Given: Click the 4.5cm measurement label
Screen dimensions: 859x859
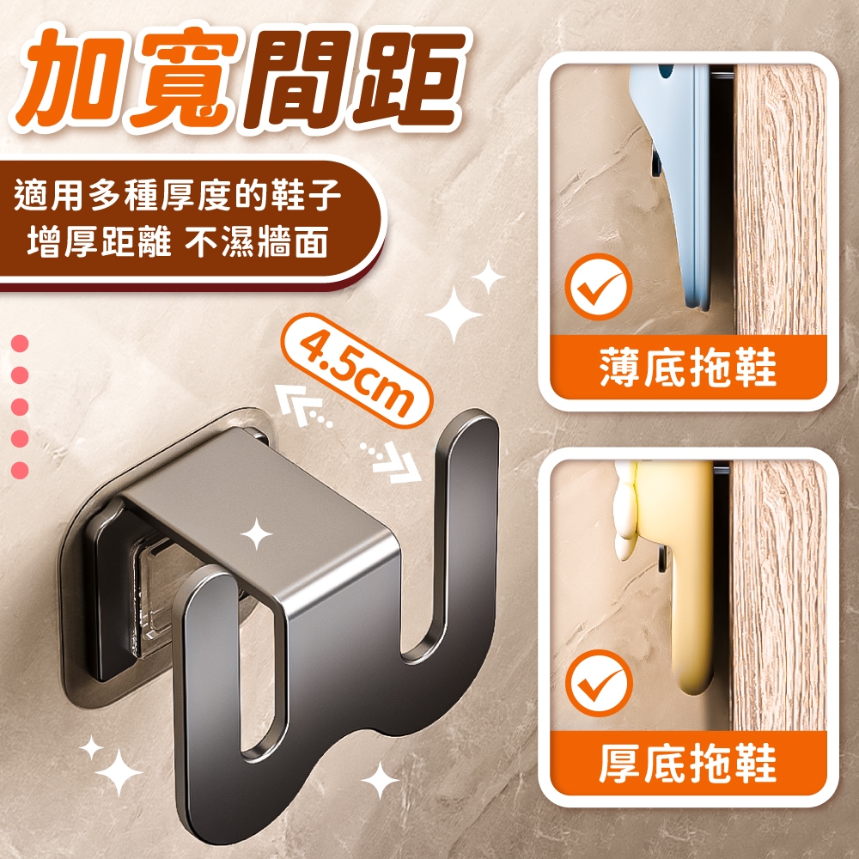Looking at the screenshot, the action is [x=356, y=370].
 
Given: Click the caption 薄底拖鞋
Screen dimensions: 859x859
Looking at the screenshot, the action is [x=688, y=368].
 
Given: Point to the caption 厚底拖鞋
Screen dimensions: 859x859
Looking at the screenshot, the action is [x=688, y=763].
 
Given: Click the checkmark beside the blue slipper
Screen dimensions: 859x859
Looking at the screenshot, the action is [x=599, y=287].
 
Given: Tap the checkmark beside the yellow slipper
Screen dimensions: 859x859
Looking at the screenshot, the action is [x=599, y=683].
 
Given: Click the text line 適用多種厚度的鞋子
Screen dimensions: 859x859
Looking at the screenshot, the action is [x=178, y=195].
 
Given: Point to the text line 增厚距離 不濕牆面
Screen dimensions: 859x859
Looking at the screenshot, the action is [x=178, y=241].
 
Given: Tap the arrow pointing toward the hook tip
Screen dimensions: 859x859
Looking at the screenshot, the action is [x=391, y=461].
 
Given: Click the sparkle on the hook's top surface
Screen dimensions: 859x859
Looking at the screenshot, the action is [x=256, y=533].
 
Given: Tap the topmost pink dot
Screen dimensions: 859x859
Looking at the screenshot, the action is [x=20, y=344].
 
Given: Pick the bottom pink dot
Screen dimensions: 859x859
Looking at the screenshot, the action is [x=20, y=471].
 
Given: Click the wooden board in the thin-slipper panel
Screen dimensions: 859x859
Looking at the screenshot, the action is [x=781, y=200].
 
